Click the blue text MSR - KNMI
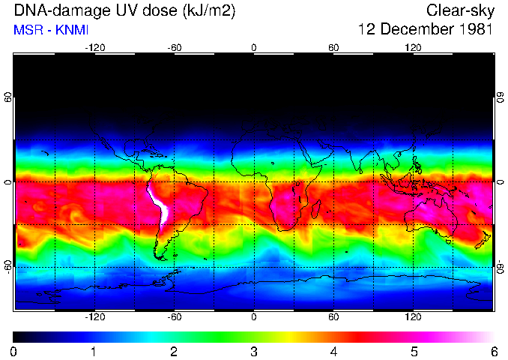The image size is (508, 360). coord(50,31)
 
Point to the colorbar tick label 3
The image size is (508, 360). coord(253,352)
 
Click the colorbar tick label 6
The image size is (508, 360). coord(493,352)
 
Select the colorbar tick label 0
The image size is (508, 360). coord(14,352)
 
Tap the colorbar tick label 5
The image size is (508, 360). coord(413,352)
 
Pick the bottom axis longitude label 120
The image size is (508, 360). coord(413,317)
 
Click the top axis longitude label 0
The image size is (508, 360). coord(254,48)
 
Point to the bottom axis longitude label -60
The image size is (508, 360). coord(175,317)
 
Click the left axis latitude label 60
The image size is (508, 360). coord(8,98)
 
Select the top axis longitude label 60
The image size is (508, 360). coord(333,48)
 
